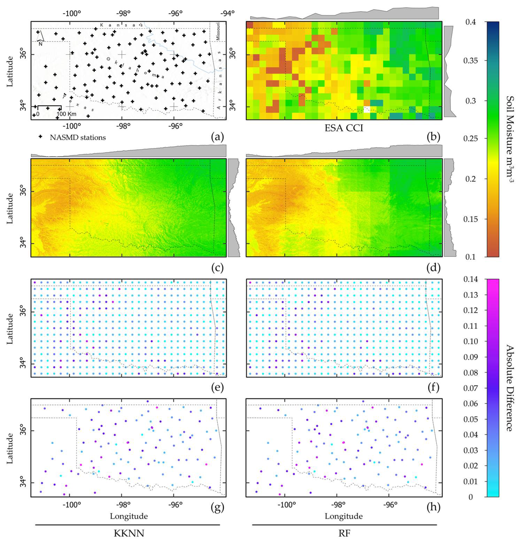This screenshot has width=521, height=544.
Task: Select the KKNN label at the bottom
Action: click(129, 533)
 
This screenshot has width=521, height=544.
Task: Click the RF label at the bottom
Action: click(344, 533)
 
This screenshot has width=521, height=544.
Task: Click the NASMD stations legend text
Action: click(78, 137)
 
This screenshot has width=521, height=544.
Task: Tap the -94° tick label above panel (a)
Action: click(228, 13)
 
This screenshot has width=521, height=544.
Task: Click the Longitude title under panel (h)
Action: click(344, 516)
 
